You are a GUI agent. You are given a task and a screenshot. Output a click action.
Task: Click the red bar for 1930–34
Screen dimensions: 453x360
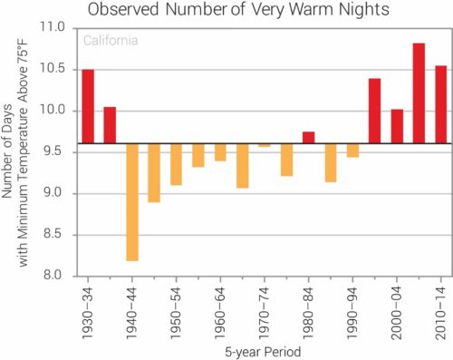click(x=88, y=106)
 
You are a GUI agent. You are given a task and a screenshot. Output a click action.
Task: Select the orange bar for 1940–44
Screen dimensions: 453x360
click(x=132, y=202)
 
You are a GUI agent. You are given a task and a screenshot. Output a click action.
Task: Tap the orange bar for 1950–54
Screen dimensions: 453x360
click(x=176, y=164)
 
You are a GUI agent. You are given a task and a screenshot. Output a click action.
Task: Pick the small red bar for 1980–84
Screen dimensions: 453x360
click(x=309, y=138)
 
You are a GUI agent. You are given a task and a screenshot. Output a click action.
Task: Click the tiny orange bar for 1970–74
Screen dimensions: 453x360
click(x=265, y=145)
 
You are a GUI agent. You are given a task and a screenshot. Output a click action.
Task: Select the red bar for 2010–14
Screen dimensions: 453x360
click(x=441, y=104)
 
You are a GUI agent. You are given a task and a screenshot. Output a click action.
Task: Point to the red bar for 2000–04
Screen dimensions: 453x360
click(x=397, y=126)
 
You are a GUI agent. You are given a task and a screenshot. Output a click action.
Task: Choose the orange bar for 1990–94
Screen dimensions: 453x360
click(x=352, y=151)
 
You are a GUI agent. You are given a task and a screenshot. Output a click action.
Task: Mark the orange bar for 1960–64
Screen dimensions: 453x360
click(x=220, y=152)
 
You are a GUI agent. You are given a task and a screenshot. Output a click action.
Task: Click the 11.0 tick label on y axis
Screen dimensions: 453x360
click(x=53, y=27)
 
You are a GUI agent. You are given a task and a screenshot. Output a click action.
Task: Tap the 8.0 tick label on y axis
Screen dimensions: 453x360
click(x=53, y=276)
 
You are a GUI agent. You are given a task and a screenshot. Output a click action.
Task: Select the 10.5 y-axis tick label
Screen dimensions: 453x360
click(x=53, y=69)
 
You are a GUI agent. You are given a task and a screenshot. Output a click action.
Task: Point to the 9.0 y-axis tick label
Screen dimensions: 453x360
click(x=53, y=192)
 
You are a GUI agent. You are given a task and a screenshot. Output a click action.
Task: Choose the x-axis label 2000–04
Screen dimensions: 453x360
click(x=397, y=313)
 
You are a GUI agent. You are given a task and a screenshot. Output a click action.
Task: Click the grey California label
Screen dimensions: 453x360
click(x=111, y=41)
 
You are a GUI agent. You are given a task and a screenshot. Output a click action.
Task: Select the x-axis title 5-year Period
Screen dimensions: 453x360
click(x=263, y=352)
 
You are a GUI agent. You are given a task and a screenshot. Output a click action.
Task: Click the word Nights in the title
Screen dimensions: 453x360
click(x=363, y=10)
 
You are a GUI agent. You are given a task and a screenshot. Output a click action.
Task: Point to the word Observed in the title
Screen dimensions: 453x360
click(x=123, y=9)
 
